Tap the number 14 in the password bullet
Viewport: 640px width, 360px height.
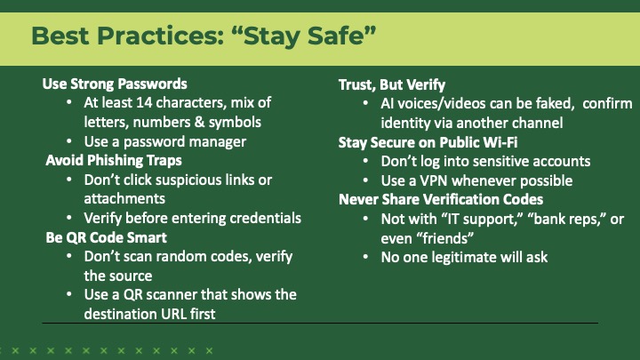[x=146, y=103]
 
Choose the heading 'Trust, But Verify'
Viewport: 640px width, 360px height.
[x=391, y=84]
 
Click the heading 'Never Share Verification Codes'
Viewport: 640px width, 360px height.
[x=440, y=199]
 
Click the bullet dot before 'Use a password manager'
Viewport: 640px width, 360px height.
[x=72, y=142]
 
